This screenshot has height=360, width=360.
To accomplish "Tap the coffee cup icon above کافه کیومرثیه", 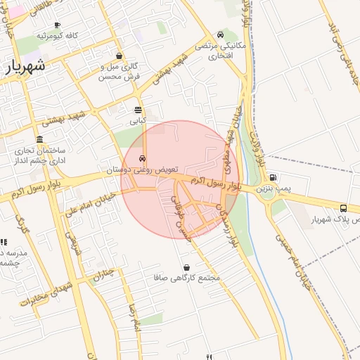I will [x=57, y=25].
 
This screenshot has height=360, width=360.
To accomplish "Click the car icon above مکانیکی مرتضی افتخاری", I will [x=221, y=34].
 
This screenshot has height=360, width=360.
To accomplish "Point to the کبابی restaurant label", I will [x=137, y=121].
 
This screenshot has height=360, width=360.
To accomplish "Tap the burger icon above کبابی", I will [x=137, y=110].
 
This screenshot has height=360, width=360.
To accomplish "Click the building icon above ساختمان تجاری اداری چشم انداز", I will [x=39, y=139].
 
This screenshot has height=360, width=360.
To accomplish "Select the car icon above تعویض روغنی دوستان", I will [x=143, y=158].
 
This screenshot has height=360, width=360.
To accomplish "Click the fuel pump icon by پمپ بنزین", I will [x=273, y=177].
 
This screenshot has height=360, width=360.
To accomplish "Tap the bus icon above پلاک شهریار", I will [x=343, y=208].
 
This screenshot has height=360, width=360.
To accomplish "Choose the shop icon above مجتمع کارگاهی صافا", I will [x=186, y=267].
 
